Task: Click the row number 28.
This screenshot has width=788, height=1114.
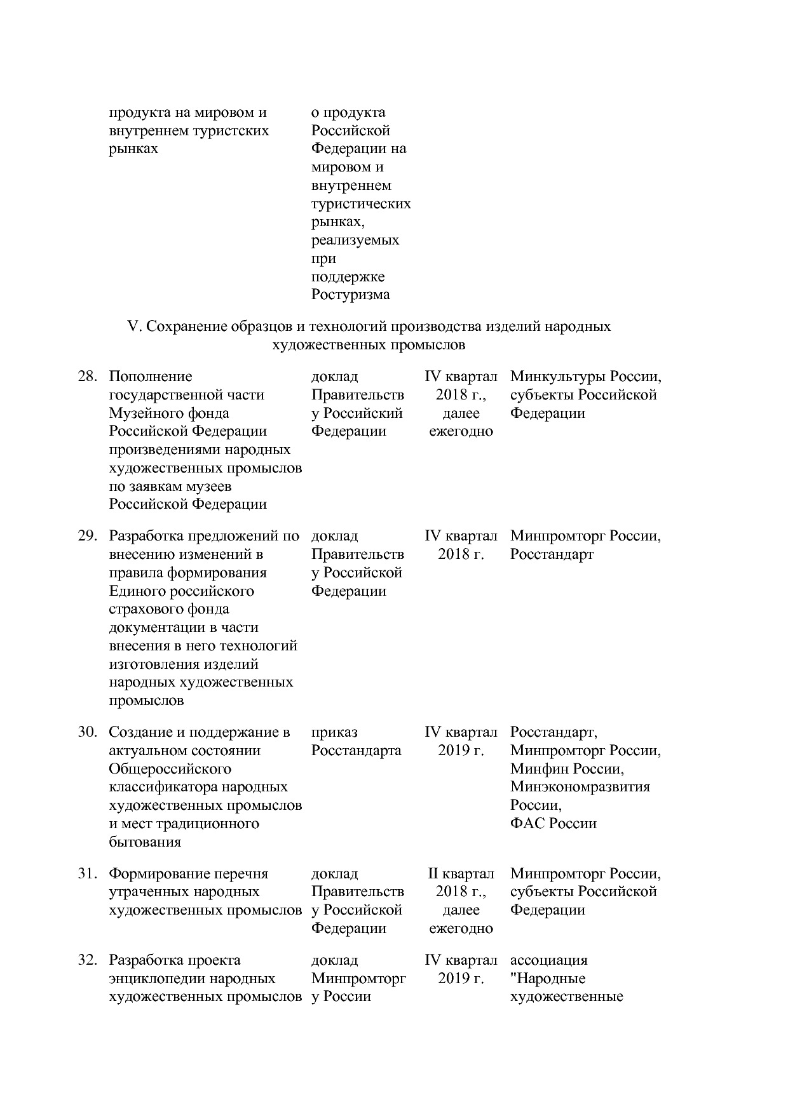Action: tap(87, 377)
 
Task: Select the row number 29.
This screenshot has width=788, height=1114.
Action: tap(87, 536)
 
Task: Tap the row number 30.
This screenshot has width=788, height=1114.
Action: tap(87, 732)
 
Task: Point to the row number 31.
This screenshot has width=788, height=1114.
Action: tap(87, 874)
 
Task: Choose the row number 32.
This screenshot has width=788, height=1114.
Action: tap(87, 960)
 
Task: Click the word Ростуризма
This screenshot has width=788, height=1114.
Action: tap(350, 295)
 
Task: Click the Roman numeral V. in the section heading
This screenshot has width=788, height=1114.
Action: tap(133, 326)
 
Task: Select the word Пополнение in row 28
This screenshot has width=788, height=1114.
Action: tap(151, 377)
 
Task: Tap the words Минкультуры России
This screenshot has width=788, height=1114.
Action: tap(585, 377)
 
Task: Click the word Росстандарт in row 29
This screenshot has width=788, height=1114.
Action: tap(552, 554)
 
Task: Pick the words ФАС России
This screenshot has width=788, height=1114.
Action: tap(553, 824)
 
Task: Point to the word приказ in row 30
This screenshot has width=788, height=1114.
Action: tap(334, 732)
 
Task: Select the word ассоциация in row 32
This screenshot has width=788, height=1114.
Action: tap(548, 960)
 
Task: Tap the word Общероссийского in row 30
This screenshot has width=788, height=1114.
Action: tap(170, 769)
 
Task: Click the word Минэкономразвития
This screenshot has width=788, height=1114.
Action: tap(580, 787)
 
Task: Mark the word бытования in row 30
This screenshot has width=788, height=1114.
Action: tap(145, 842)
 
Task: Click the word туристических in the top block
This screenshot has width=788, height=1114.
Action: tap(360, 204)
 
